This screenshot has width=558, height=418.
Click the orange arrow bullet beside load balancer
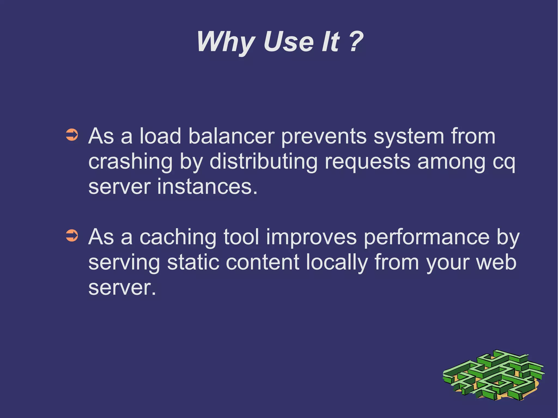point(72,135)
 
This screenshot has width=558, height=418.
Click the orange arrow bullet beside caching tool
point(72,236)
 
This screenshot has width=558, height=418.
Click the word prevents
point(324,137)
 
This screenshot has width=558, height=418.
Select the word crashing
point(131,162)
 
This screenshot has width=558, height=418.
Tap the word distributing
point(263,162)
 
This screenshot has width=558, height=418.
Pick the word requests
point(368,162)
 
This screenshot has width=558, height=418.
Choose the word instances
point(207,187)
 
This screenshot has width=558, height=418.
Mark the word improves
point(311,237)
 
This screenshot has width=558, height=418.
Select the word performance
point(427,237)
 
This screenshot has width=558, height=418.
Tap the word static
point(193,263)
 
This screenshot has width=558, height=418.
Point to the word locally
point(337,263)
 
